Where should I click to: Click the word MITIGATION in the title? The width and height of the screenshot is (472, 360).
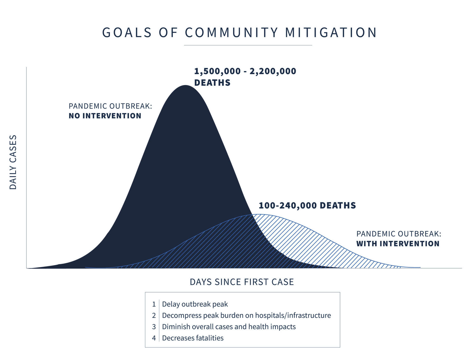pyautogui.click(x=331, y=33)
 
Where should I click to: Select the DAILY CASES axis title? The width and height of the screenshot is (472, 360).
pyautogui.click(x=13, y=162)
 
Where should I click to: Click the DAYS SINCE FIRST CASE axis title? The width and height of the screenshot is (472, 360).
pyautogui.click(x=242, y=282)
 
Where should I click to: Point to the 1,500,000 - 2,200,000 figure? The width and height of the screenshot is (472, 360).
pyautogui.click(x=245, y=71)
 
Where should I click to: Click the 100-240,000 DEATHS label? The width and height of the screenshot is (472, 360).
pyautogui.click(x=307, y=205)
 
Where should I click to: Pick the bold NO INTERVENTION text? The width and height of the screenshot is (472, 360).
pyautogui.click(x=105, y=116)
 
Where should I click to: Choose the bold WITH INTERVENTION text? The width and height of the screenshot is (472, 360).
pyautogui.click(x=398, y=243)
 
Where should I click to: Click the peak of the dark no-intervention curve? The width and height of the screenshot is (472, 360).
pyautogui.click(x=185, y=86)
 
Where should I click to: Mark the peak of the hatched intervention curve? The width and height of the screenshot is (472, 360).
pyautogui.click(x=259, y=215)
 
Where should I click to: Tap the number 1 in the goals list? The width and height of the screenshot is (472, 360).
pyautogui.click(x=154, y=304)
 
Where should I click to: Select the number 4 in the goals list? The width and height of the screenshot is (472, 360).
pyautogui.click(x=154, y=338)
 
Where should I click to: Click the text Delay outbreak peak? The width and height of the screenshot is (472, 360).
pyautogui.click(x=195, y=304)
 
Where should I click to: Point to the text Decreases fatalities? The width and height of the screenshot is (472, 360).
pyautogui.click(x=193, y=338)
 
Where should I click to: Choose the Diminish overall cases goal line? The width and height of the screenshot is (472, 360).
pyautogui.click(x=229, y=327)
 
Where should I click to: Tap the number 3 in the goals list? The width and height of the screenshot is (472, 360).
pyautogui.click(x=154, y=327)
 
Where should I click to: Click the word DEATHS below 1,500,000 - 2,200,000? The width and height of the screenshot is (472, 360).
pyautogui.click(x=212, y=83)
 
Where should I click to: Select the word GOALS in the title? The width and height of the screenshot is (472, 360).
pyautogui.click(x=127, y=33)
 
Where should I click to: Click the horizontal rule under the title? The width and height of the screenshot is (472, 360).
pyautogui.click(x=248, y=45)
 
